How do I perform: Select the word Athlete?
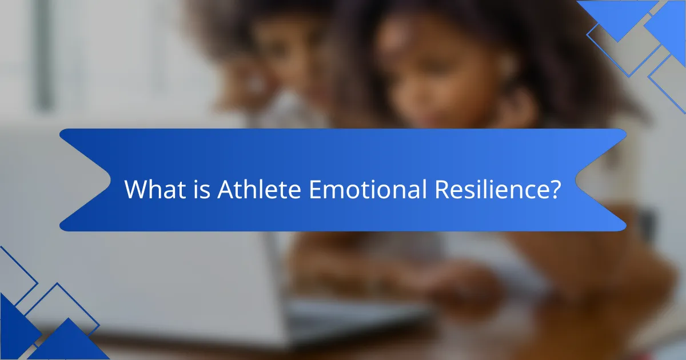pyautogui.click(x=259, y=190)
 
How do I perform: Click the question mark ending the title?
pyautogui.click(x=553, y=190)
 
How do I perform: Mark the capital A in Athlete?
pyautogui.click(x=225, y=190)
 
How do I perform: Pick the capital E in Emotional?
pyautogui.click(x=316, y=190)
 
